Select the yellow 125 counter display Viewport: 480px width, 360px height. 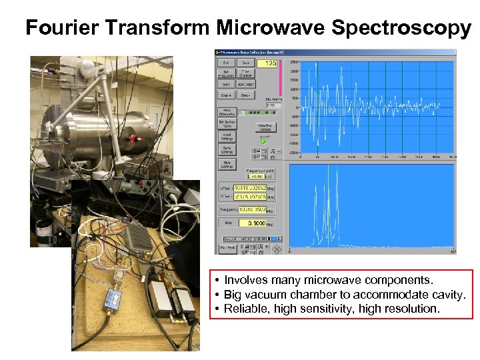pyautogui.click(x=270, y=63)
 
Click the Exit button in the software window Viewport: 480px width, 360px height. pyautogui.click(x=227, y=63)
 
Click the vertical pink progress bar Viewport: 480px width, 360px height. pyautogui.click(x=281, y=77)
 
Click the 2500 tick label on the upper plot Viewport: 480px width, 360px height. pyautogui.click(x=293, y=62)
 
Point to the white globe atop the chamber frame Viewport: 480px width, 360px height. pyautogui.click(x=86, y=68)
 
